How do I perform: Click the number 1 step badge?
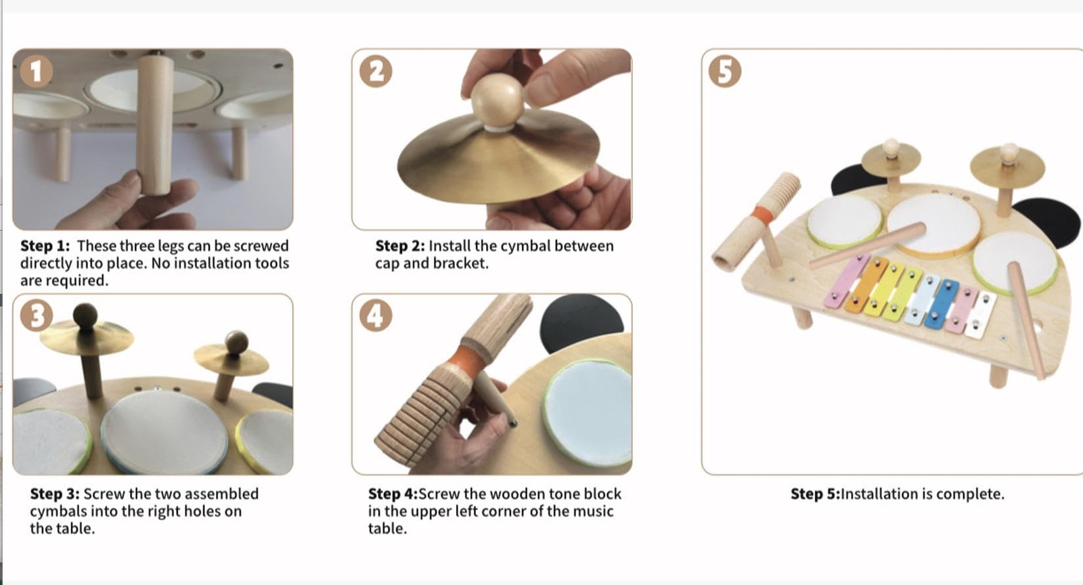point(37,72)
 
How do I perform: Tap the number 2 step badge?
point(376,72)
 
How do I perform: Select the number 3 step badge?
point(37,316)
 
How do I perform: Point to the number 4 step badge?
point(376,316)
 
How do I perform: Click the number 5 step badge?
point(725,72)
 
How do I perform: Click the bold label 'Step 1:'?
point(45,246)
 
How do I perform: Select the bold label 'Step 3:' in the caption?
point(55,494)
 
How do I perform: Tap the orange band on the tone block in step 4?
point(466,357)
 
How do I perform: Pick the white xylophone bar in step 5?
point(981,314)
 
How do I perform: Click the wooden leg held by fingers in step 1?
point(155,126)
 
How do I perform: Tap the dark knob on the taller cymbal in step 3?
point(85,316)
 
